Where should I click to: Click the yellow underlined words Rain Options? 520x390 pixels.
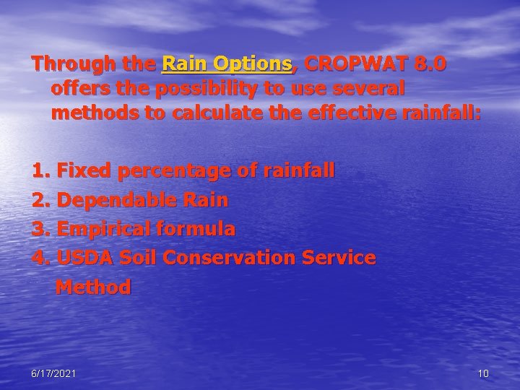(x=227, y=64)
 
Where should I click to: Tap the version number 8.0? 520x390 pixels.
(x=431, y=64)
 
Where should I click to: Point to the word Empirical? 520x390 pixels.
(x=103, y=229)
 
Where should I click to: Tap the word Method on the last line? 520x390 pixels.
(x=93, y=287)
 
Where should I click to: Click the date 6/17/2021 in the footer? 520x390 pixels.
(x=54, y=373)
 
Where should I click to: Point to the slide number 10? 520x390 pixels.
(x=483, y=373)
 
